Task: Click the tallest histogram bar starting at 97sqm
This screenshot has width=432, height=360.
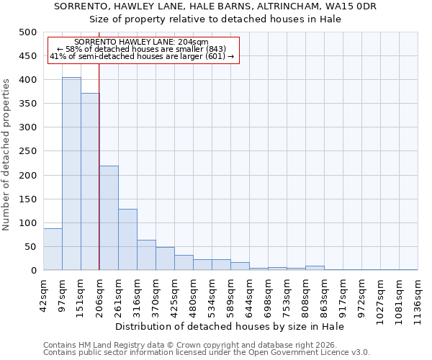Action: click(x=71, y=174)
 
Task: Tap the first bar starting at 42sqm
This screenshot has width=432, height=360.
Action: click(x=53, y=249)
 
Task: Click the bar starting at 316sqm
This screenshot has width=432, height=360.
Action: click(x=146, y=255)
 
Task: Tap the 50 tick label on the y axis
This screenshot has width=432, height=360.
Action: click(x=30, y=247)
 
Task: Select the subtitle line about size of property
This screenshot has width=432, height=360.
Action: click(x=215, y=19)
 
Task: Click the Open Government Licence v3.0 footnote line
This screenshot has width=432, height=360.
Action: click(x=207, y=352)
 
